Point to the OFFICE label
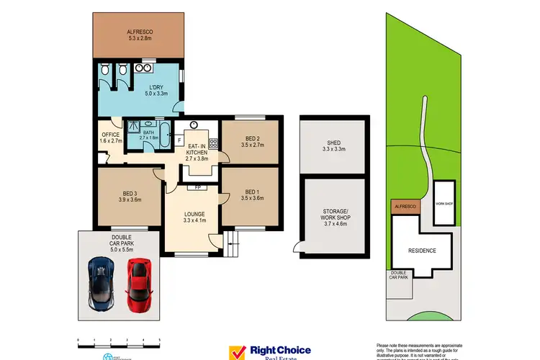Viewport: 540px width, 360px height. (110, 138)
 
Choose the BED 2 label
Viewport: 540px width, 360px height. (251, 141)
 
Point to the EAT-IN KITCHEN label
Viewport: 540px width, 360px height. (197, 153)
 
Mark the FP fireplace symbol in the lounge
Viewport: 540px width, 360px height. (197, 187)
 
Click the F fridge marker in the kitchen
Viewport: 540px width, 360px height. (179, 140)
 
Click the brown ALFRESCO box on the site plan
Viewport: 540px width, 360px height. (405, 207)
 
